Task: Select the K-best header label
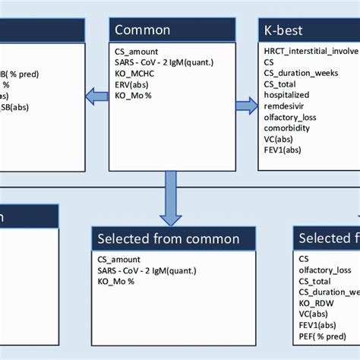284,30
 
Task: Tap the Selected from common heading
168,238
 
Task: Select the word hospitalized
287,96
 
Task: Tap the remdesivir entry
284,107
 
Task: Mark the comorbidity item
287,129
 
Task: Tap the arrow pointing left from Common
96,96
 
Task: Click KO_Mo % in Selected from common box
115,281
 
